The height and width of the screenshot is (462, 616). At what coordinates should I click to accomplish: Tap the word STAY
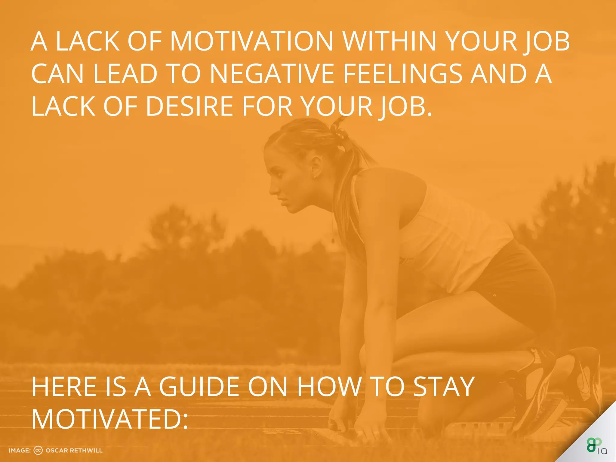(x=444, y=387)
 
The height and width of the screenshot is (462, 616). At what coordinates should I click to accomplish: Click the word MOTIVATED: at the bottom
(x=110, y=420)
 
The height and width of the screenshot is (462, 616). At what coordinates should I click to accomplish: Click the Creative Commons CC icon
(x=38, y=450)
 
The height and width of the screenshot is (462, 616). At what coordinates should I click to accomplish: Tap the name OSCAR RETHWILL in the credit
(x=74, y=451)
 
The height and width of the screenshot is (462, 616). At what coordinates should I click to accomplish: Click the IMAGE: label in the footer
(x=20, y=451)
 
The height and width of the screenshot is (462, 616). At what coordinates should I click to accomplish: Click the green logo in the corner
(x=594, y=445)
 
